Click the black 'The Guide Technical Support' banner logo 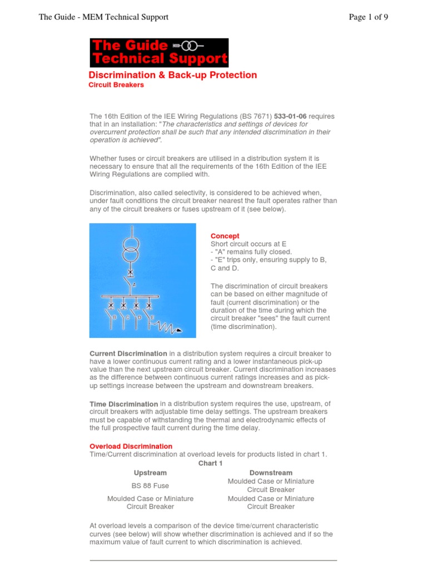pos(159,53)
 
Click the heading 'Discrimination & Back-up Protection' pos(173,75)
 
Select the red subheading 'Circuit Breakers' pos(116,85)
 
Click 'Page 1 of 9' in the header pos(368,17)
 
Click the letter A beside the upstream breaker pos(134,284)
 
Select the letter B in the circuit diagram pos(115,317)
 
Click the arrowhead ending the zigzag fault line pos(178,331)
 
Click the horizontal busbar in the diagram pos(131,296)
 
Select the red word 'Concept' pos(225,236)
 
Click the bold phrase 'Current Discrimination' pos(128,353)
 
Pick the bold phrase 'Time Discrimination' pos(123,404)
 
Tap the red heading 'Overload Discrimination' pos(131,446)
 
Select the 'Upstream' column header pos(150,473)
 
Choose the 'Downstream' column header pos(271,473)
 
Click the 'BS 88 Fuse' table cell pos(150,485)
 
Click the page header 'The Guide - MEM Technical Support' pos(103,17)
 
